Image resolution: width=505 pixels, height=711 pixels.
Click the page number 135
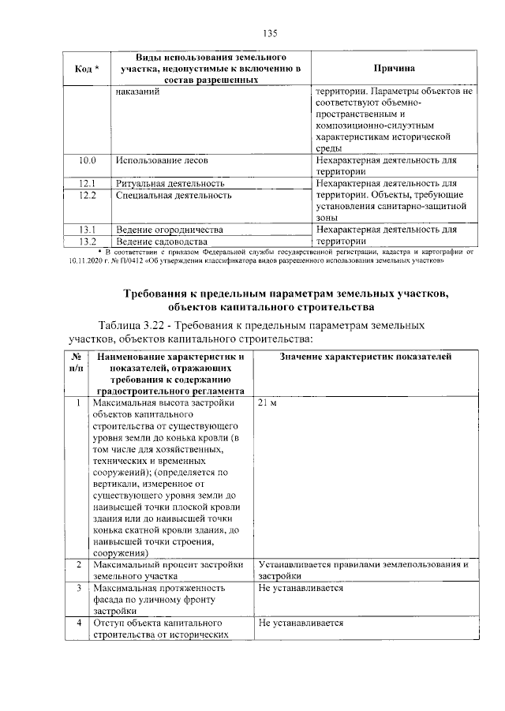tap(270, 33)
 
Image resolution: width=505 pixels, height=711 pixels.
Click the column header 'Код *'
tap(87, 69)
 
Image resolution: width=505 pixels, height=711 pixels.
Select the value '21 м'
tap(267, 404)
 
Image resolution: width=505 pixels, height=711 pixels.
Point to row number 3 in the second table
tap(77, 588)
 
